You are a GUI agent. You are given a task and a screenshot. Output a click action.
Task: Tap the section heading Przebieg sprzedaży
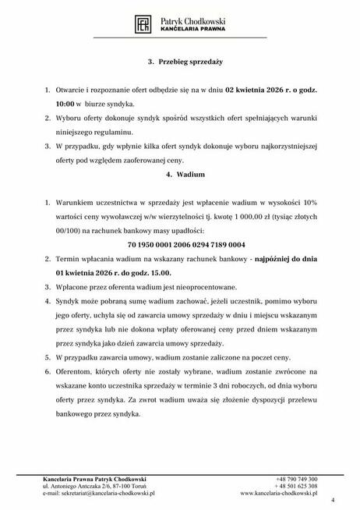pyautogui.click(x=179, y=59)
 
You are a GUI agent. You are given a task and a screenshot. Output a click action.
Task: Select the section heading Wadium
pyautogui.click(x=179, y=176)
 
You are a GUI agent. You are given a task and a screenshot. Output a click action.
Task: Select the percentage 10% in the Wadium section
pyautogui.click(x=309, y=206)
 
